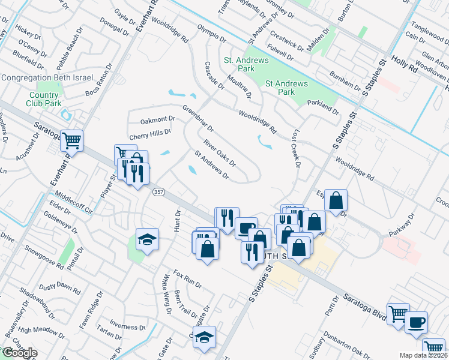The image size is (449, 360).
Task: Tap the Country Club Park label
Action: point(44,99)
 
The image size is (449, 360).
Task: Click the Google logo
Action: point(19,353)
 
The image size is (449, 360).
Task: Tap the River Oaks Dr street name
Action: point(219,153)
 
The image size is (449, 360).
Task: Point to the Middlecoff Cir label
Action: point(74,203)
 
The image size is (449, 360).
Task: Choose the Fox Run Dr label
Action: point(187,280)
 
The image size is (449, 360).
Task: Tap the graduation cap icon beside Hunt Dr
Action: point(147,239)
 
